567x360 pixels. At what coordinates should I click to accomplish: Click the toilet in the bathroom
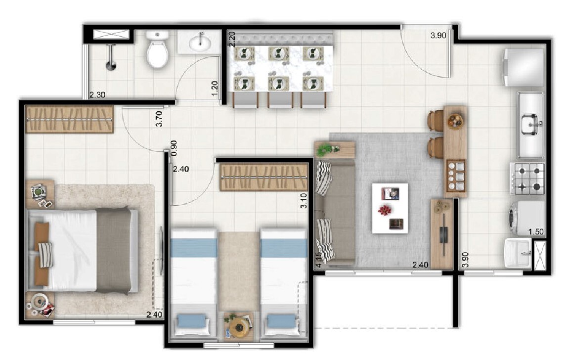click(157, 49)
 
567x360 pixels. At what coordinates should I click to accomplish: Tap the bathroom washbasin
click(200, 42)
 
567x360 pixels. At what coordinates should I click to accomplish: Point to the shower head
click(111, 65)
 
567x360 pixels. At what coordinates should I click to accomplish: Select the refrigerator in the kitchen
click(523, 67)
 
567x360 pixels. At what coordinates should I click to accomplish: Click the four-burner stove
click(528, 178)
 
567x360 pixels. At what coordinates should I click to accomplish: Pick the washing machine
click(527, 218)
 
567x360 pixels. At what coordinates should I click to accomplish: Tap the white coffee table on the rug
click(390, 208)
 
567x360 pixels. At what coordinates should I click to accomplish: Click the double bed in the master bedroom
click(83, 250)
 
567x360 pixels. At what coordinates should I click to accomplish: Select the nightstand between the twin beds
click(239, 327)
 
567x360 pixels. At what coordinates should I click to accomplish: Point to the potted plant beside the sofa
click(327, 148)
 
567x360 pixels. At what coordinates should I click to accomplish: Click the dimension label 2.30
click(97, 95)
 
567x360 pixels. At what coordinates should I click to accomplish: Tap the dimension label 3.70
click(159, 119)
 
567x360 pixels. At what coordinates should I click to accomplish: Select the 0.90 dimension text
click(174, 148)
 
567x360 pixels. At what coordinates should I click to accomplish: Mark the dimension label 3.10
click(304, 201)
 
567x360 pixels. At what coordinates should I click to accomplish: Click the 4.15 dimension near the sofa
click(318, 260)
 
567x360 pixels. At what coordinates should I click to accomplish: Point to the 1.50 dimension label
click(536, 231)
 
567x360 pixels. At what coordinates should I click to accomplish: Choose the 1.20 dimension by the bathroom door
click(215, 89)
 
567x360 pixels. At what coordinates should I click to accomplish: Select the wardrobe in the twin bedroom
click(264, 178)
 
